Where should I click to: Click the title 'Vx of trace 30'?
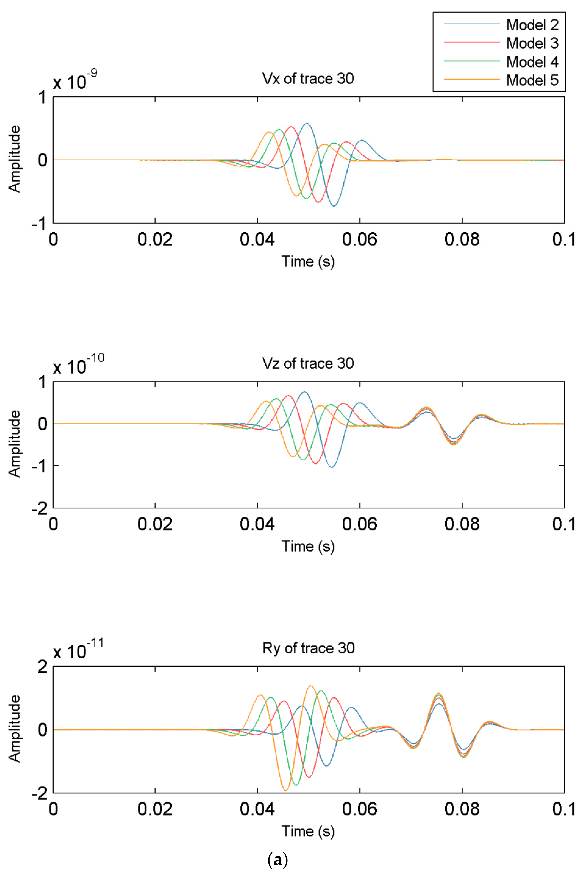coord(308,79)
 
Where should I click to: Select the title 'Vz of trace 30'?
coord(308,363)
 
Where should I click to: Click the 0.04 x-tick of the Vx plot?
coord(257,239)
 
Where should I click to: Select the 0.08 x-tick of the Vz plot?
coord(462,524)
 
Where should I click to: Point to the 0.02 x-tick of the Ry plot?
coord(155,809)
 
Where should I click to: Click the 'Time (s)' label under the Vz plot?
coord(308,546)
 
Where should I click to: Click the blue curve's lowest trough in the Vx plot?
coord(334,206)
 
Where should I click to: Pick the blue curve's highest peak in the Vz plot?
coord(304,392)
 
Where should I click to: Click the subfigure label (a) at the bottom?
coord(278,860)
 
